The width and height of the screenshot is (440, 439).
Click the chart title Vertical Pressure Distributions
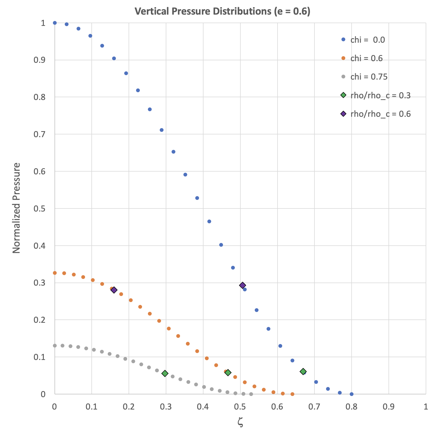pyautogui.click(x=222, y=11)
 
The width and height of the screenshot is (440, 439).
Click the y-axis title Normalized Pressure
pyautogui.click(x=17, y=208)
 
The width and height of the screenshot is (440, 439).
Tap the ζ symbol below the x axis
pyautogui.click(x=240, y=422)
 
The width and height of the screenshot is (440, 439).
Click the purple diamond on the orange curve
pyautogui.click(x=114, y=290)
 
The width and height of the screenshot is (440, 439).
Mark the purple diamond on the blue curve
pyautogui.click(x=242, y=285)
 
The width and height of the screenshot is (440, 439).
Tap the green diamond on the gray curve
pyautogui.click(x=165, y=373)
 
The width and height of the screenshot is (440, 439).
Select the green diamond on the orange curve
pyautogui.click(x=228, y=373)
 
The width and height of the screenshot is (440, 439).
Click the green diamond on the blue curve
pyautogui.click(x=303, y=372)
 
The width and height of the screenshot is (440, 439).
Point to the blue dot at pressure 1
pyautogui.click(x=55, y=23)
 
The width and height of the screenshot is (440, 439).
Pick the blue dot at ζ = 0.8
pyautogui.click(x=351, y=394)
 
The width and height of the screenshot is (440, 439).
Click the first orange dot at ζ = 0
pyautogui.click(x=55, y=273)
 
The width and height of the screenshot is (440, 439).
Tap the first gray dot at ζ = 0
pyautogui.click(x=55, y=346)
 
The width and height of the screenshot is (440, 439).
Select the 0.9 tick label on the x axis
pyautogui.click(x=389, y=407)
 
